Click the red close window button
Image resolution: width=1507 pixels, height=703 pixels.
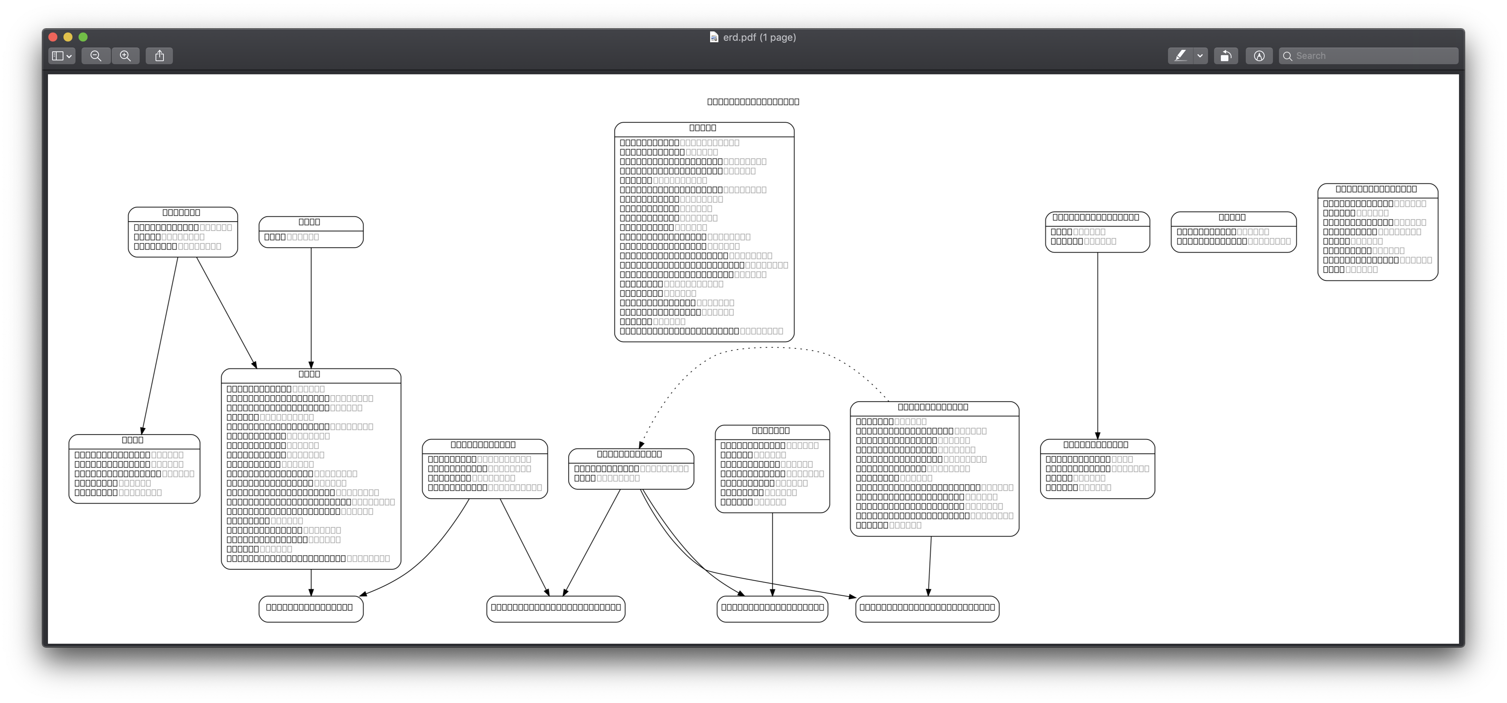pos(52,37)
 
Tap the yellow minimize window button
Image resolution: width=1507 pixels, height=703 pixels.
pos(68,37)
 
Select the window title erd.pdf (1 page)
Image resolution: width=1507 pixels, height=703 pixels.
pos(759,37)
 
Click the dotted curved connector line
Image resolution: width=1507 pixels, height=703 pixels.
pos(772,347)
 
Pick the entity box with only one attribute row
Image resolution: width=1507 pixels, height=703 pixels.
pos(311,232)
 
